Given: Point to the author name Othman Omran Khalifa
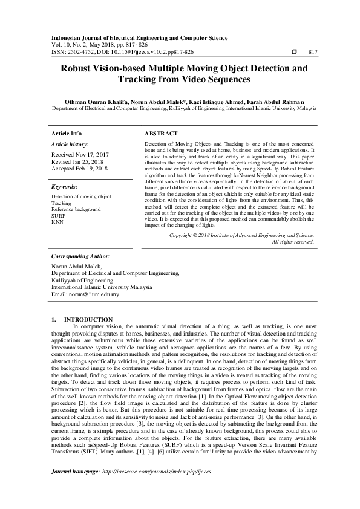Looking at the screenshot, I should tap(95, 103).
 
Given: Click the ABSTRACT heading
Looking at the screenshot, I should tap(161, 133).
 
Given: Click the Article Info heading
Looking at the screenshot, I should tap(67, 133).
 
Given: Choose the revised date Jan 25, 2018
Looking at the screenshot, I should tap(97, 161).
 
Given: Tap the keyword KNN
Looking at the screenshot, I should tap(57, 222).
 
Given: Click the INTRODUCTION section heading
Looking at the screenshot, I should tap(88, 319).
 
